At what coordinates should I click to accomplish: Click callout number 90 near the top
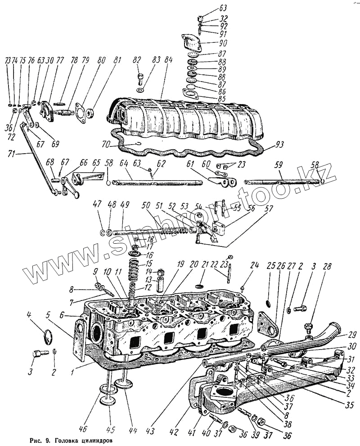pos(223,44)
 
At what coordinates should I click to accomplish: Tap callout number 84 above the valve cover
pos(168,60)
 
